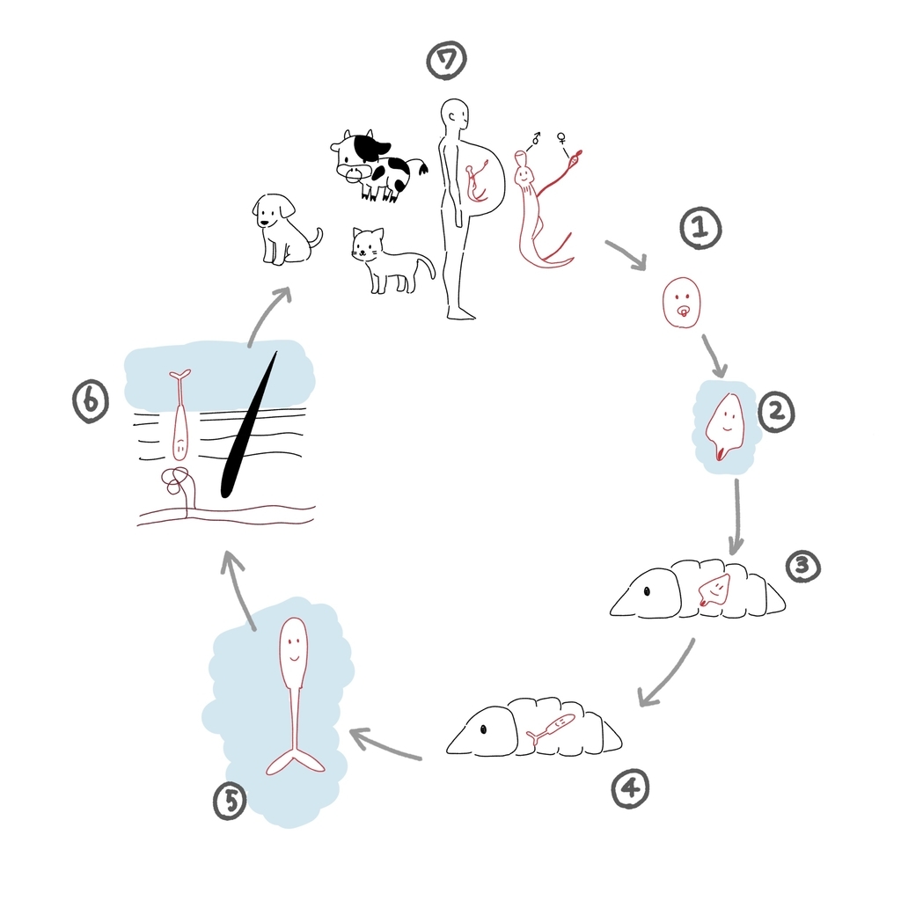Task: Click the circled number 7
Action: [446, 61]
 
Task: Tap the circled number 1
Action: [700, 228]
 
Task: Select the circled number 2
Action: [776, 412]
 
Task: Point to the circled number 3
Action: [802, 567]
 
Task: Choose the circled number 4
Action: [630, 788]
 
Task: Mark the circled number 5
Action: [231, 801]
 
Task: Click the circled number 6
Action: [91, 401]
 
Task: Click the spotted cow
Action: [377, 165]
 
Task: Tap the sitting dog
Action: [284, 230]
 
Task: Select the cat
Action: [391, 260]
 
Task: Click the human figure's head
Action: [455, 117]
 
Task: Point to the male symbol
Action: [536, 138]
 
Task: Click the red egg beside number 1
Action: [682, 303]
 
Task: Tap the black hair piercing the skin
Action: [248, 425]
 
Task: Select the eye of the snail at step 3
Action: [647, 590]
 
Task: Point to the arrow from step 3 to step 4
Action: [669, 673]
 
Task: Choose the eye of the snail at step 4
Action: [483, 729]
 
